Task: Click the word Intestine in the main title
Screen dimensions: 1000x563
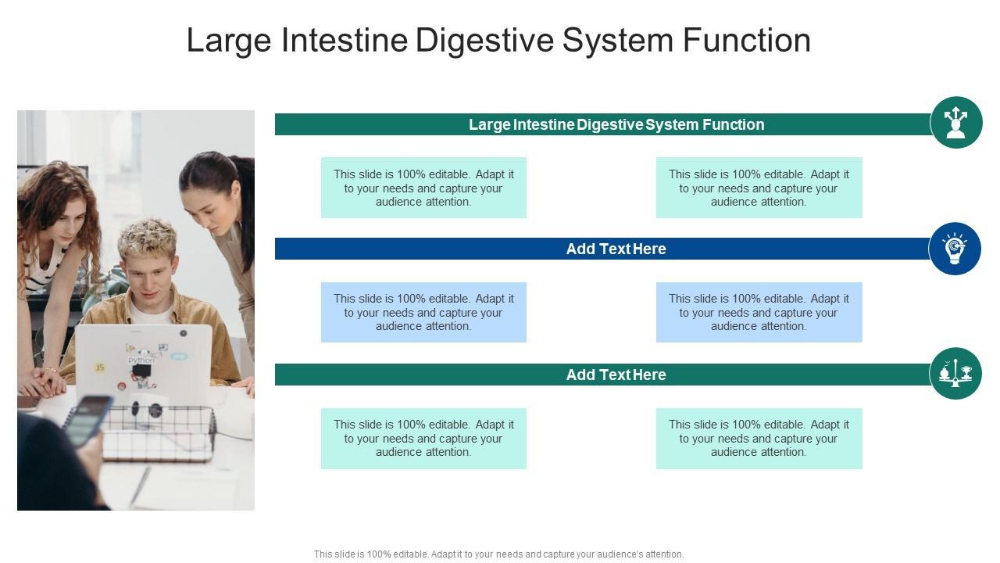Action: point(344,41)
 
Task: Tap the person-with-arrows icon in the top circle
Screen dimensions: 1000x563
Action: point(955,123)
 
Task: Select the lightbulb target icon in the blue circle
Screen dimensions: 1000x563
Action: point(955,249)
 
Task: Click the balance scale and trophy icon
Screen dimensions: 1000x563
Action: point(955,374)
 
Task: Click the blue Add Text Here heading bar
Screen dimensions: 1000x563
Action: point(602,249)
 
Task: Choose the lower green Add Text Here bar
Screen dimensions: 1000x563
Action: point(602,375)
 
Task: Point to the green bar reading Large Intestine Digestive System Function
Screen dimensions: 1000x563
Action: point(602,124)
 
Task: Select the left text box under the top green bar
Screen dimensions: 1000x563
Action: point(423,188)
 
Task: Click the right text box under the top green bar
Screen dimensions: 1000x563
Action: point(759,188)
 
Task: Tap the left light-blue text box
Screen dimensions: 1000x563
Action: point(423,312)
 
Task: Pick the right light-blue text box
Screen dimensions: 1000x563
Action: point(759,312)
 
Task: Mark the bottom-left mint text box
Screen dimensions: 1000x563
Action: point(423,438)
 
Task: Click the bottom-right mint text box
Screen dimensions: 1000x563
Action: point(759,438)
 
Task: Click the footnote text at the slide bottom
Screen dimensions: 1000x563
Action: point(498,554)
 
